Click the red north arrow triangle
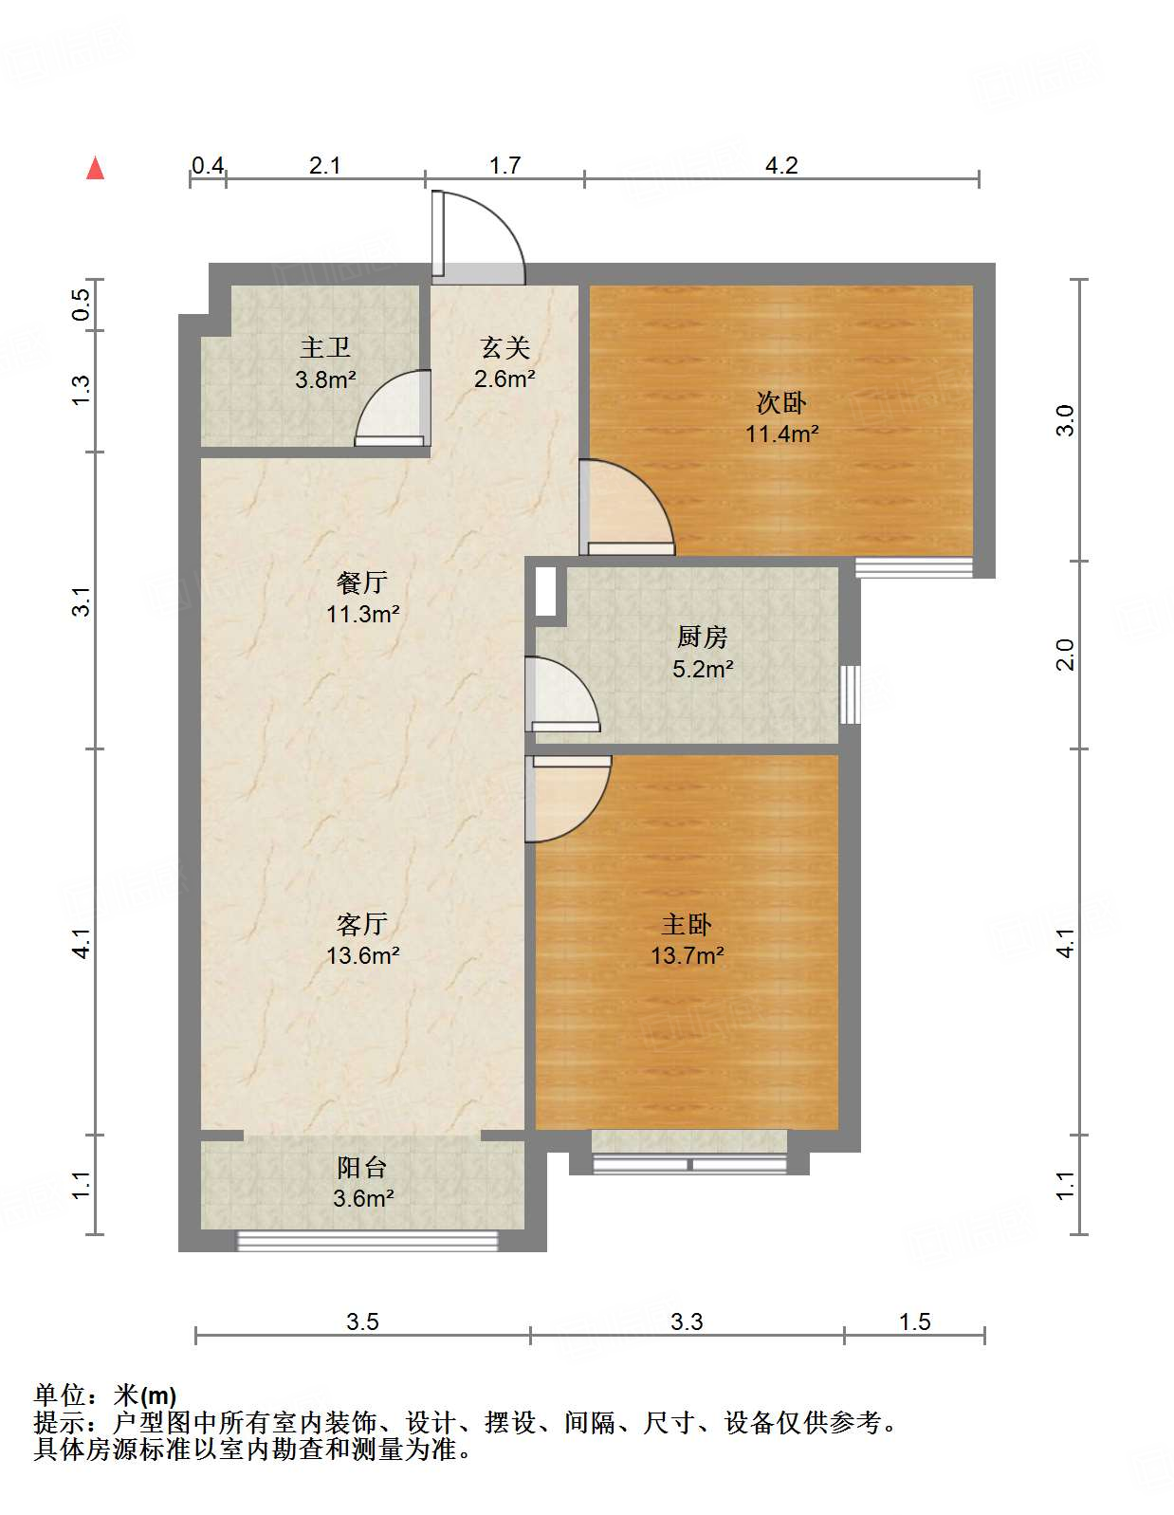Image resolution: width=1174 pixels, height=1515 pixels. click(x=95, y=169)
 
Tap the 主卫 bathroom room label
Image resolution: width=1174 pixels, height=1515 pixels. click(x=325, y=347)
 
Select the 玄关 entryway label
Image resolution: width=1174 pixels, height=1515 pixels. click(x=504, y=347)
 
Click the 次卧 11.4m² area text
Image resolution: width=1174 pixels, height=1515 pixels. click(x=781, y=434)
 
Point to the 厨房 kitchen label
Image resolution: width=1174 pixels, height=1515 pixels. click(x=703, y=637)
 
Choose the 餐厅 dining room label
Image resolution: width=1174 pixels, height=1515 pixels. click(x=362, y=582)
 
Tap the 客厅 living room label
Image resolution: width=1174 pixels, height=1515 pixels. click(x=362, y=923)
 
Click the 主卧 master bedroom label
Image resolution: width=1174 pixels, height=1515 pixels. click(x=687, y=923)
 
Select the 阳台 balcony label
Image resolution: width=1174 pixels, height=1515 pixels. click(x=362, y=1167)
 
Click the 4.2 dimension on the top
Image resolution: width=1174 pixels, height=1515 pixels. click(x=781, y=166)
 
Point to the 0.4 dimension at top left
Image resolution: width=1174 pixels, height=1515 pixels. click(x=208, y=166)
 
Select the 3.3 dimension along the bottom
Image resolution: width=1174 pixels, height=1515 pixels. click(x=687, y=1321)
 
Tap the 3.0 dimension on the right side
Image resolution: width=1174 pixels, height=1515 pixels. click(x=1065, y=419)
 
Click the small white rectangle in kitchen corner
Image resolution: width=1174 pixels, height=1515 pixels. click(x=545, y=591)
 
